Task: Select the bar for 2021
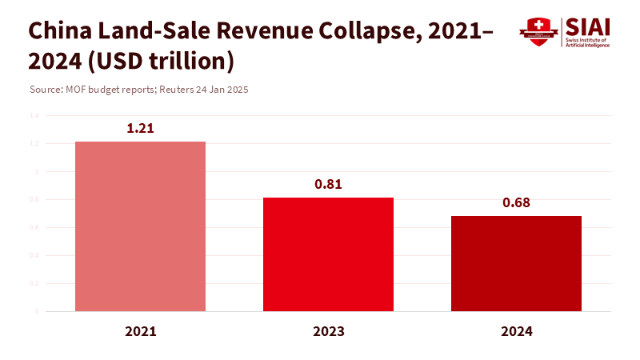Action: click(140, 226)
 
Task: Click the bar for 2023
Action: click(328, 254)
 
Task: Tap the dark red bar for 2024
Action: click(516, 263)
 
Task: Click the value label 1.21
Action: click(140, 128)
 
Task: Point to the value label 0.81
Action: click(328, 184)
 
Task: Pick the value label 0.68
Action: click(516, 202)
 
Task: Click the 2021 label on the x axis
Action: click(140, 330)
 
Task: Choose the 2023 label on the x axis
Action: click(328, 330)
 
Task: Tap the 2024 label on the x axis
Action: click(516, 330)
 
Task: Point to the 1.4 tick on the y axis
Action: click(34, 115)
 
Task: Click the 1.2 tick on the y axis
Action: click(34, 143)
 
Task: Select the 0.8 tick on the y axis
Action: click(34, 199)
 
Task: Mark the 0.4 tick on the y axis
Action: click(34, 255)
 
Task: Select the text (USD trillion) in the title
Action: click(160, 61)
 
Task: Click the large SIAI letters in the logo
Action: click(587, 26)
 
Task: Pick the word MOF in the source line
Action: click(75, 90)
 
